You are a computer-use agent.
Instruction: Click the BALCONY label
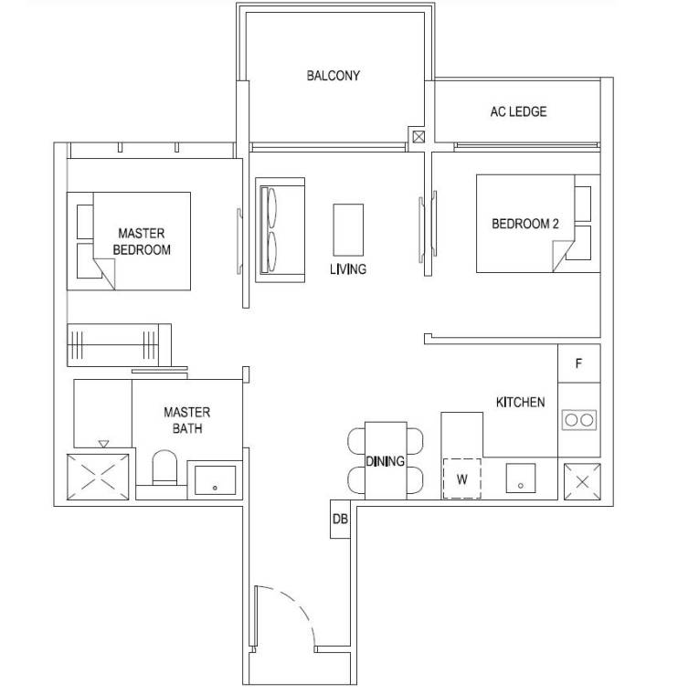(333, 76)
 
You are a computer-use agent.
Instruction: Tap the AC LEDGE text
(518, 111)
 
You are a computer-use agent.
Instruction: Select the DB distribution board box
(340, 519)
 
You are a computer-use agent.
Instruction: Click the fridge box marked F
(579, 363)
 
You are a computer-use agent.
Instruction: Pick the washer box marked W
(461, 478)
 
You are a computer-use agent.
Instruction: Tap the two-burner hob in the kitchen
(579, 420)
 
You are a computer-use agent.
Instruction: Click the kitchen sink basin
(521, 478)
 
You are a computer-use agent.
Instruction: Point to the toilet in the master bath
(164, 468)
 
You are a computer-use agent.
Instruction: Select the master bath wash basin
(216, 480)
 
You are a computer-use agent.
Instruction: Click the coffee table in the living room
(348, 230)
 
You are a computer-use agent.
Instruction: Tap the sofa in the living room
(280, 230)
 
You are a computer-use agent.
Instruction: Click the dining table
(386, 460)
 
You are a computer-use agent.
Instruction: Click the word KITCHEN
(520, 402)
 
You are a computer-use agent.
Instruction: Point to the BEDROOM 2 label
(525, 224)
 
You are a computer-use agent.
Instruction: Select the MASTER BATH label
(187, 420)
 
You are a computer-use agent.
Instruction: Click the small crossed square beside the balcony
(418, 137)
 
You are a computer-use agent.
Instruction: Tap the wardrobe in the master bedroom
(119, 345)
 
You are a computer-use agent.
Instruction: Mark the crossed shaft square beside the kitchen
(582, 481)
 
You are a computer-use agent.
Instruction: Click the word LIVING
(348, 269)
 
